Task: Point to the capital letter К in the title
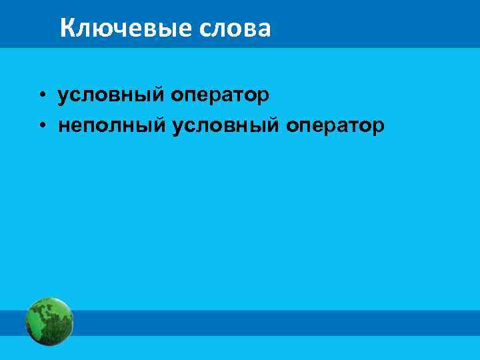point(67,28)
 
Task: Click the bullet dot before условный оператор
point(41,95)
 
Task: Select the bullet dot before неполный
point(41,125)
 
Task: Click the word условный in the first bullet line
point(111,95)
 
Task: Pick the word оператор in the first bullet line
point(220,95)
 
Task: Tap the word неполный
point(112,125)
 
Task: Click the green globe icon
point(49,322)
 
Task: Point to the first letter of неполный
point(63,125)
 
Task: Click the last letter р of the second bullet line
point(379,127)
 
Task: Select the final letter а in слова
point(264,29)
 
